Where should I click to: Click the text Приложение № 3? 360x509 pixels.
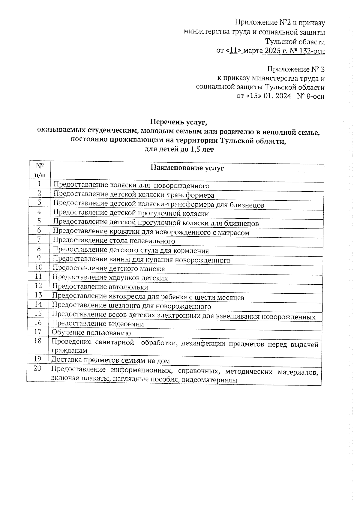click(295, 70)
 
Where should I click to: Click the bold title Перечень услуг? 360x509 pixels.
click(179, 122)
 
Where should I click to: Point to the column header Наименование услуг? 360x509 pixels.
click(187, 168)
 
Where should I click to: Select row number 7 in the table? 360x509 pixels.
click(39, 240)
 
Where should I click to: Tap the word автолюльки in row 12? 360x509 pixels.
click(128, 287)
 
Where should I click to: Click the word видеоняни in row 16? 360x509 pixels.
click(126, 324)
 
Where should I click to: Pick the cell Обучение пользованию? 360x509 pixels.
click(91, 333)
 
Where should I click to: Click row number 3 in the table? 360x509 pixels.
click(39, 202)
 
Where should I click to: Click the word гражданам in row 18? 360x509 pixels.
click(69, 350)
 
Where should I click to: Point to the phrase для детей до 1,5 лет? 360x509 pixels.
click(179, 149)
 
